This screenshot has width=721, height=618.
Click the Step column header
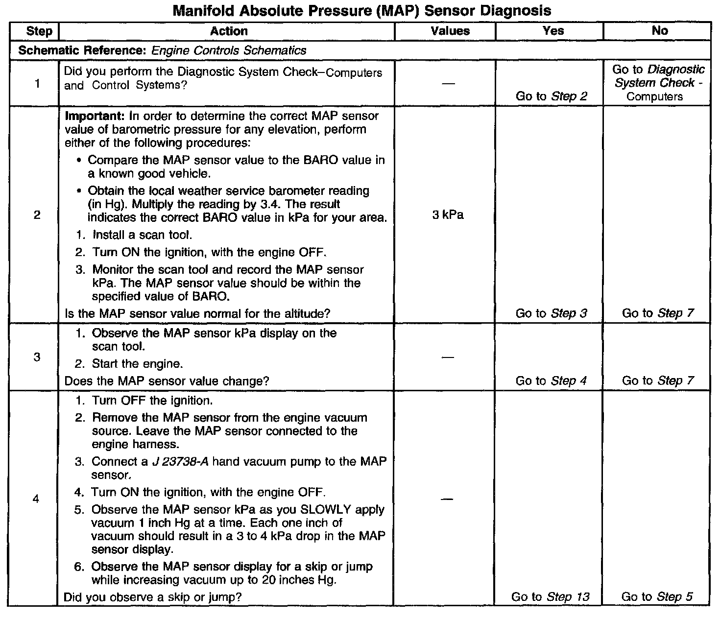pyautogui.click(x=39, y=31)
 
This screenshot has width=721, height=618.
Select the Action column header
pyautogui.click(x=229, y=31)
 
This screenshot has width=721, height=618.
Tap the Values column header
pyautogui.click(x=450, y=31)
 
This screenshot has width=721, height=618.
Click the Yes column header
pyautogui.click(x=553, y=31)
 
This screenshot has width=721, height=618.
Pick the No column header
pyautogui.click(x=659, y=31)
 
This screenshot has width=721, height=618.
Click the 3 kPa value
pyautogui.click(x=448, y=215)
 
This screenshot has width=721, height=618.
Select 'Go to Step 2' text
pyautogui.click(x=551, y=96)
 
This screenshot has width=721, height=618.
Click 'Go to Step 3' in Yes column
pyautogui.click(x=551, y=313)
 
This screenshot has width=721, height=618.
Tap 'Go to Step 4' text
pyautogui.click(x=551, y=381)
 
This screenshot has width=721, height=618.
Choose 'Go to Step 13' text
pyautogui.click(x=550, y=597)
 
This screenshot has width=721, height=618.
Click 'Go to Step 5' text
pyautogui.click(x=657, y=597)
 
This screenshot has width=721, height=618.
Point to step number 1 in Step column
pyautogui.click(x=37, y=84)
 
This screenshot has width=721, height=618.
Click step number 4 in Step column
pyautogui.click(x=36, y=499)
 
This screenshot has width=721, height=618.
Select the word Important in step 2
pyautogui.click(x=95, y=117)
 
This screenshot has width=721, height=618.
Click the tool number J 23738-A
pyautogui.click(x=181, y=462)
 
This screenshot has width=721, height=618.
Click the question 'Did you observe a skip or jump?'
pyautogui.click(x=153, y=597)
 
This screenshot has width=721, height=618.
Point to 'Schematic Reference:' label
pyautogui.click(x=83, y=50)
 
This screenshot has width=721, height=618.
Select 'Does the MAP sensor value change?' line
pyautogui.click(x=167, y=381)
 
